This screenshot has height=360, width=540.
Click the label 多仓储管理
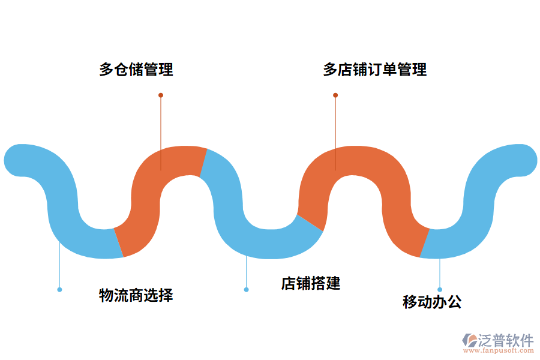point(136,70)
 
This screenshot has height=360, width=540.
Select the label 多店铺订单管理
point(375,70)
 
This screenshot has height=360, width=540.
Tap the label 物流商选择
point(136,295)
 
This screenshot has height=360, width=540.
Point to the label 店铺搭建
point(311,283)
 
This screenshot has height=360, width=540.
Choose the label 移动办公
point(432,302)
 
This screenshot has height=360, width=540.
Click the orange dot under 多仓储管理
point(161,95)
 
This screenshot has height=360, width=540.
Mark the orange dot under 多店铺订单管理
point(335,95)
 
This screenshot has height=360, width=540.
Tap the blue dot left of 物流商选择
point(59,290)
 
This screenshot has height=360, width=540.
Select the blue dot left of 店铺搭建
point(246,290)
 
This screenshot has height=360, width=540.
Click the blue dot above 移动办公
point(440,290)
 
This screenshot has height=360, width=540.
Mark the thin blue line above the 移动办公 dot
point(440,274)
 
